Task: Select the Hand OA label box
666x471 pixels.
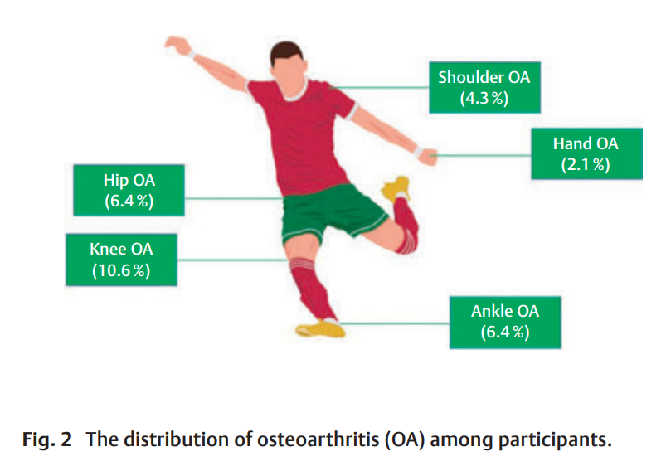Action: [586, 153]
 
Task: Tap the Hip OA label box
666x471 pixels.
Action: [129, 190]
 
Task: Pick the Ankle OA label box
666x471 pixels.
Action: [504, 322]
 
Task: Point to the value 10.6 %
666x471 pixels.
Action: [121, 269]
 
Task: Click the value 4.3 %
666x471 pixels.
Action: [484, 99]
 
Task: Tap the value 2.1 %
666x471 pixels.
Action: [586, 164]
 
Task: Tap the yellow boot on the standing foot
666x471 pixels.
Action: [322, 328]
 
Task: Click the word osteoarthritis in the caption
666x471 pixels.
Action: [318, 439]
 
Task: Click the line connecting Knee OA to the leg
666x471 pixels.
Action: [232, 260]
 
